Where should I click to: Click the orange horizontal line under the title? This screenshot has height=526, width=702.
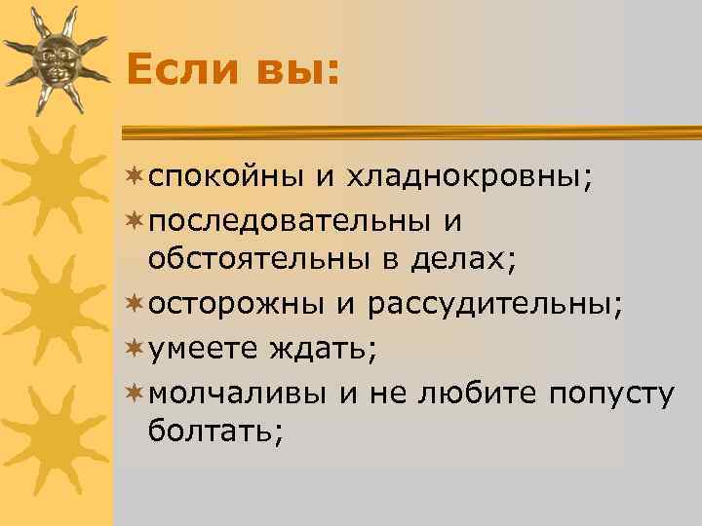tap(409, 130)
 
